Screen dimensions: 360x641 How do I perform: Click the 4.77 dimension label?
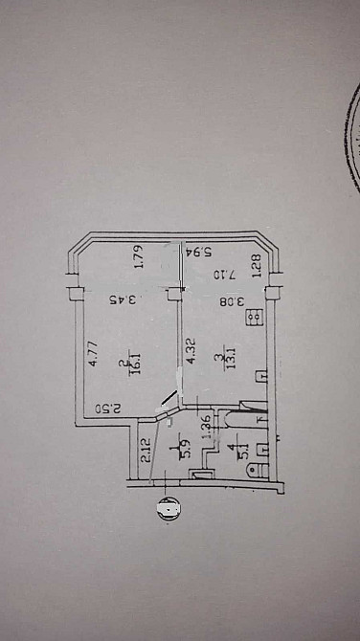(93, 341)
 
